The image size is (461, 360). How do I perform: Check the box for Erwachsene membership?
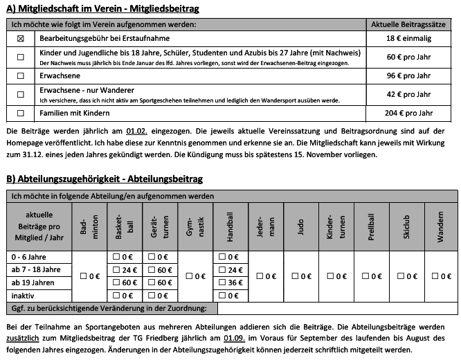20,75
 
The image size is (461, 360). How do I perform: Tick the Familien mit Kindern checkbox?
20,113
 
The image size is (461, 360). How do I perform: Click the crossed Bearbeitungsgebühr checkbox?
20,39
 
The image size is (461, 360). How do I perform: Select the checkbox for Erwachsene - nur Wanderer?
20,94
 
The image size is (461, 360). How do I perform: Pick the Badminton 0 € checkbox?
83,276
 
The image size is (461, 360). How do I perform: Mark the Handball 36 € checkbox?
223,282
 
